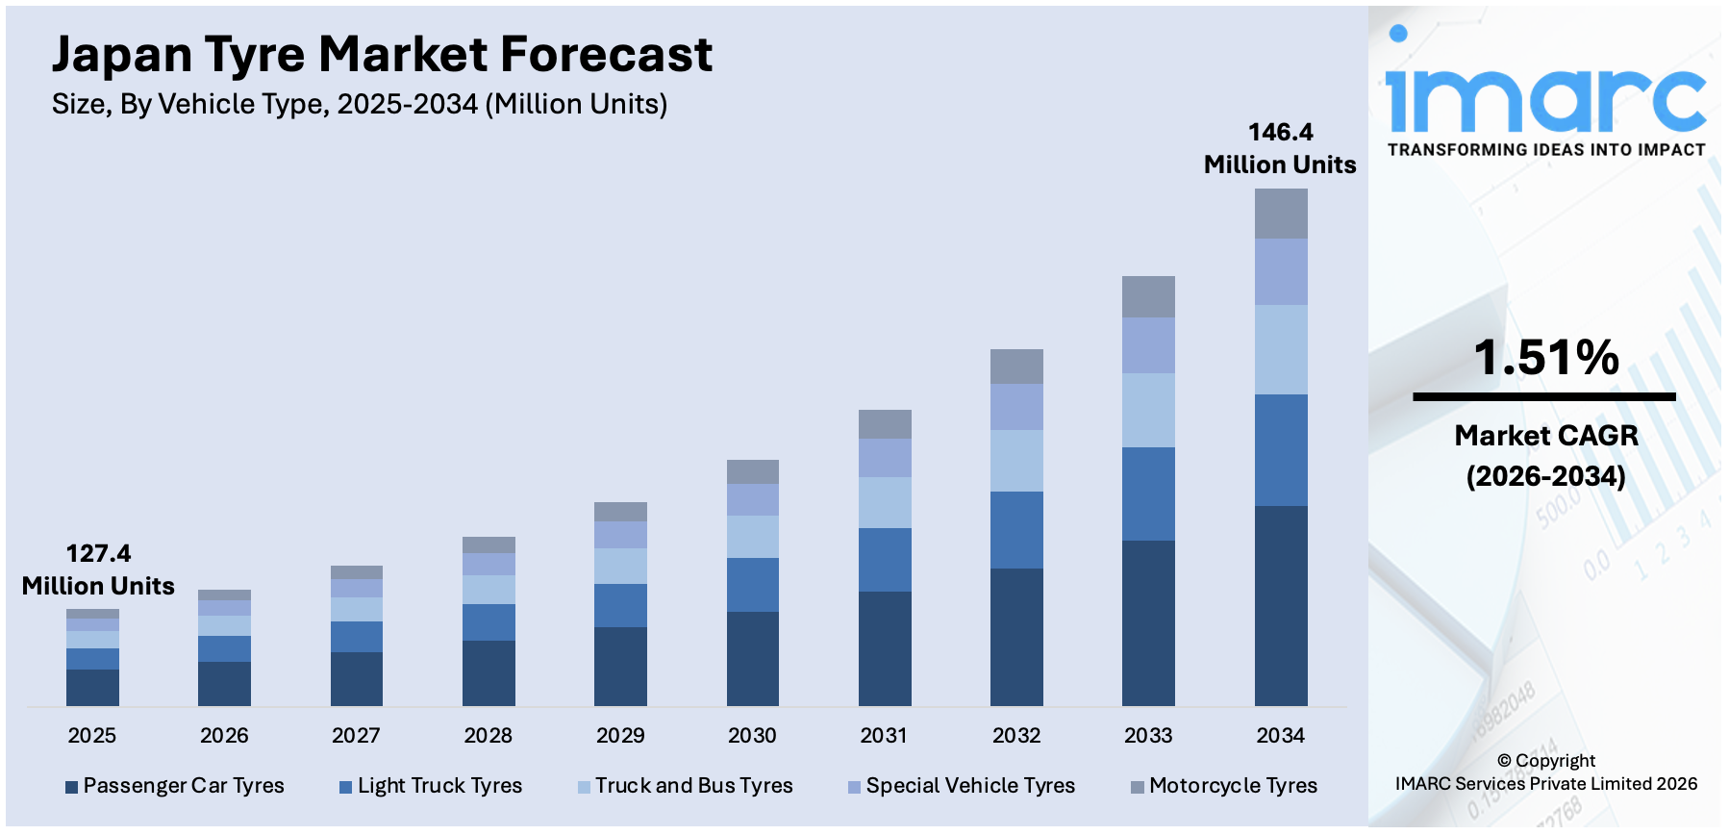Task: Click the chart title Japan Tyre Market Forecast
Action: tap(382, 55)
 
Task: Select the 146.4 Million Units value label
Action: tap(1280, 148)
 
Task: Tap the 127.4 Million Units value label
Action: tap(98, 569)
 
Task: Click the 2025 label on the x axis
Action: tap(92, 736)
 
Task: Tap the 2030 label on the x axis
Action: tap(752, 736)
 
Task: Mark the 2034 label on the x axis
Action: tap(1280, 736)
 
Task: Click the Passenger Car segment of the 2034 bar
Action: tap(1281, 606)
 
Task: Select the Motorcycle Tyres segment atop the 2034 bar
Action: tap(1281, 214)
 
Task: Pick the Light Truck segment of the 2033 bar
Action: tap(1148, 493)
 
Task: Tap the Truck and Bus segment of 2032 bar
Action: tap(1016, 461)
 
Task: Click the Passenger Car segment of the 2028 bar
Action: tap(489, 673)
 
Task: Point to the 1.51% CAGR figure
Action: tap(1545, 358)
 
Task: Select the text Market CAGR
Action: tap(1545, 436)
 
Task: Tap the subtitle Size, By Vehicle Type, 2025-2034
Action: tap(359, 104)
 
